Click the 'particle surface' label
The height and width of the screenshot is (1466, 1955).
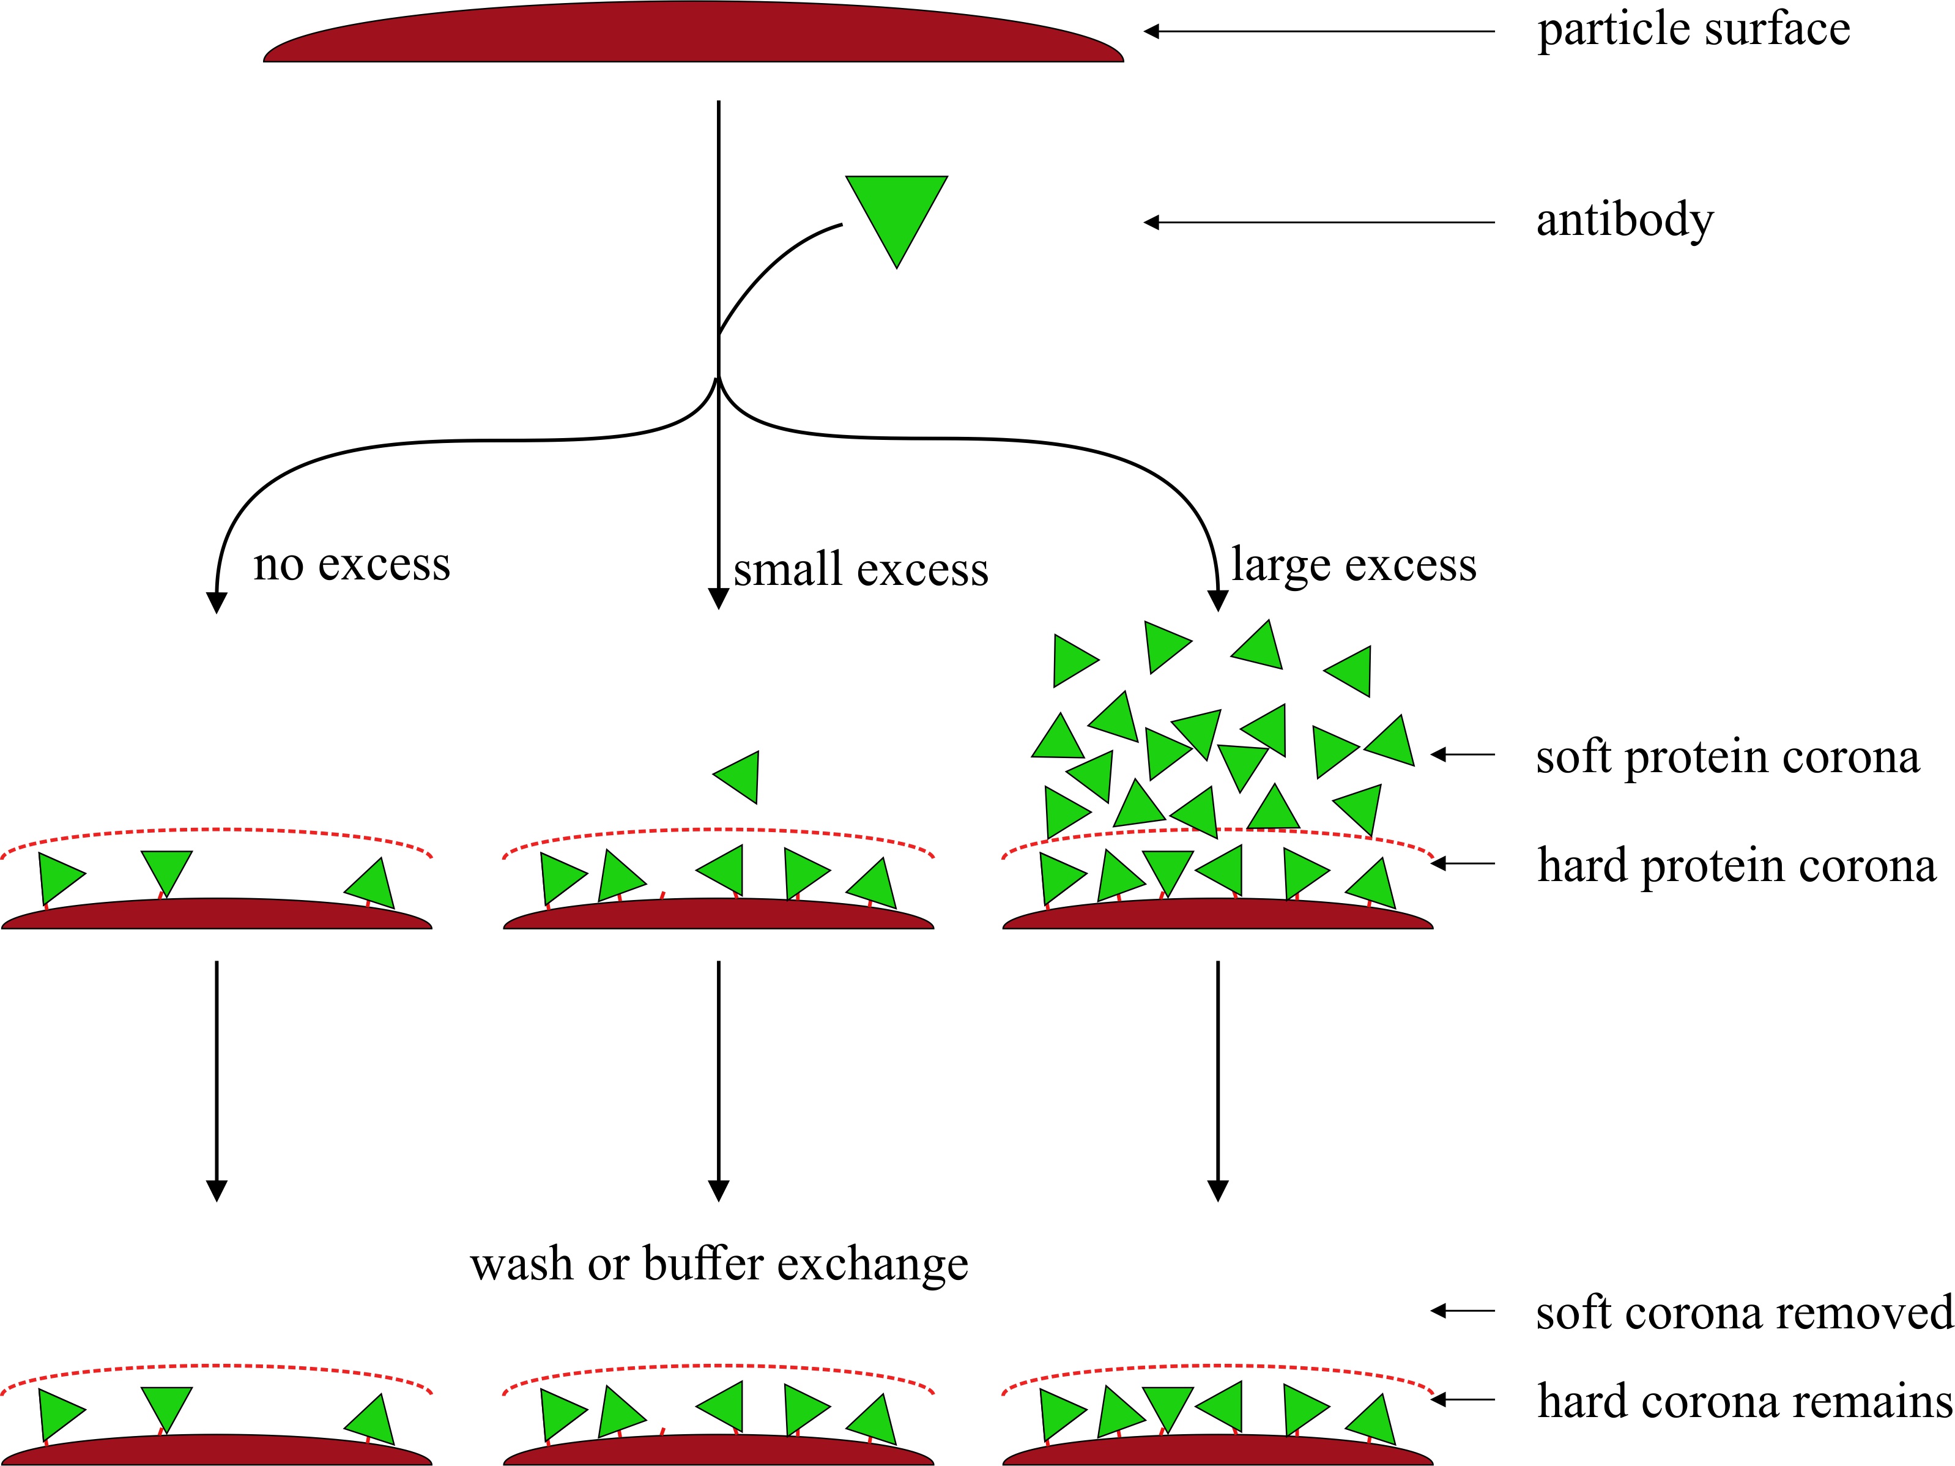1693,30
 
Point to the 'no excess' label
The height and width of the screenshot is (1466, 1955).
351,564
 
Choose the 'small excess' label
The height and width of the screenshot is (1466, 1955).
860,570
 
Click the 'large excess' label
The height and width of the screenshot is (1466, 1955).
1353,564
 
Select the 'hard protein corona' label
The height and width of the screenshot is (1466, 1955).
1737,865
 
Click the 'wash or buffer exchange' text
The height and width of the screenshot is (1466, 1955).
719,1263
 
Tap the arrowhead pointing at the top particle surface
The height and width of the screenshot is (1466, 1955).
1151,32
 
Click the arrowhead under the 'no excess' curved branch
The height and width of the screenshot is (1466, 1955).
217,602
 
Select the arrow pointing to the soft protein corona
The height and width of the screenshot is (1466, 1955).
1463,754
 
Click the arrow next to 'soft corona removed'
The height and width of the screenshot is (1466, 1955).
1463,1311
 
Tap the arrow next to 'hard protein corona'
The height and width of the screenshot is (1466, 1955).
1463,863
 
